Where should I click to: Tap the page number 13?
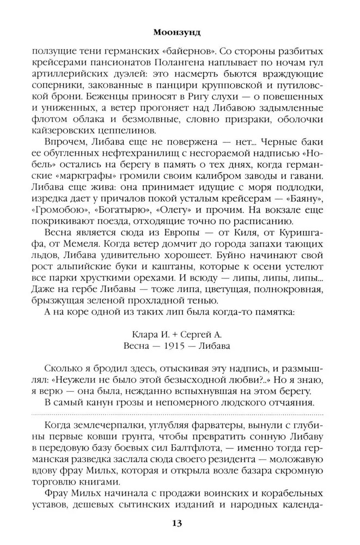177,523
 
